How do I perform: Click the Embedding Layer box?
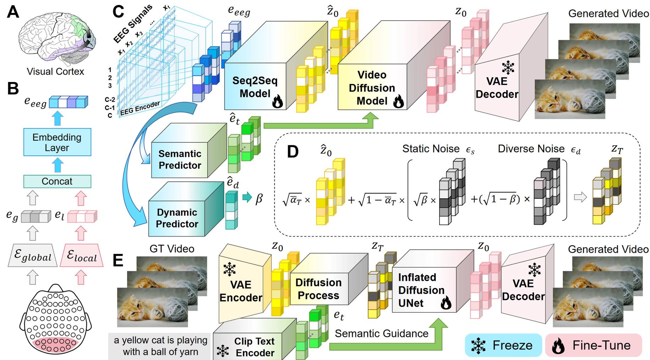pyautogui.click(x=57, y=142)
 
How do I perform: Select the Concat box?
pyautogui.click(x=57, y=181)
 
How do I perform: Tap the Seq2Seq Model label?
pyautogui.click(x=255, y=87)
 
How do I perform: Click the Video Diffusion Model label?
pyautogui.click(x=372, y=88)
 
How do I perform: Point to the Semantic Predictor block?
pyautogui.click(x=180, y=159)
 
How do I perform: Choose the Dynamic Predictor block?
pyautogui.click(x=177, y=218)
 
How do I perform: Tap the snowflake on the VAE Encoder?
pyautogui.click(x=230, y=269)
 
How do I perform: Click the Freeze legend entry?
pyautogui.click(x=503, y=345)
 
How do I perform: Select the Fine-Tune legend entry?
pyautogui.click(x=594, y=345)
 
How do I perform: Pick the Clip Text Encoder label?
pyautogui.click(x=254, y=347)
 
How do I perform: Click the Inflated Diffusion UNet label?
pyautogui.click(x=421, y=290)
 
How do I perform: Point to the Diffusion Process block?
pyautogui.click(x=318, y=289)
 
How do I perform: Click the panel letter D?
pyautogui.click(x=293, y=152)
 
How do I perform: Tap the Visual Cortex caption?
pyautogui.click(x=55, y=71)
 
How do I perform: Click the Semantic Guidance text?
pyautogui.click(x=381, y=333)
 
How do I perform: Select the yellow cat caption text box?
pyautogui.click(x=160, y=346)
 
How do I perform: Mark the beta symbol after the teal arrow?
pyautogui.click(x=259, y=198)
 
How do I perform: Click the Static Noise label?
pyautogui.click(x=431, y=149)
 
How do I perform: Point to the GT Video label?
pyautogui.click(x=172, y=249)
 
